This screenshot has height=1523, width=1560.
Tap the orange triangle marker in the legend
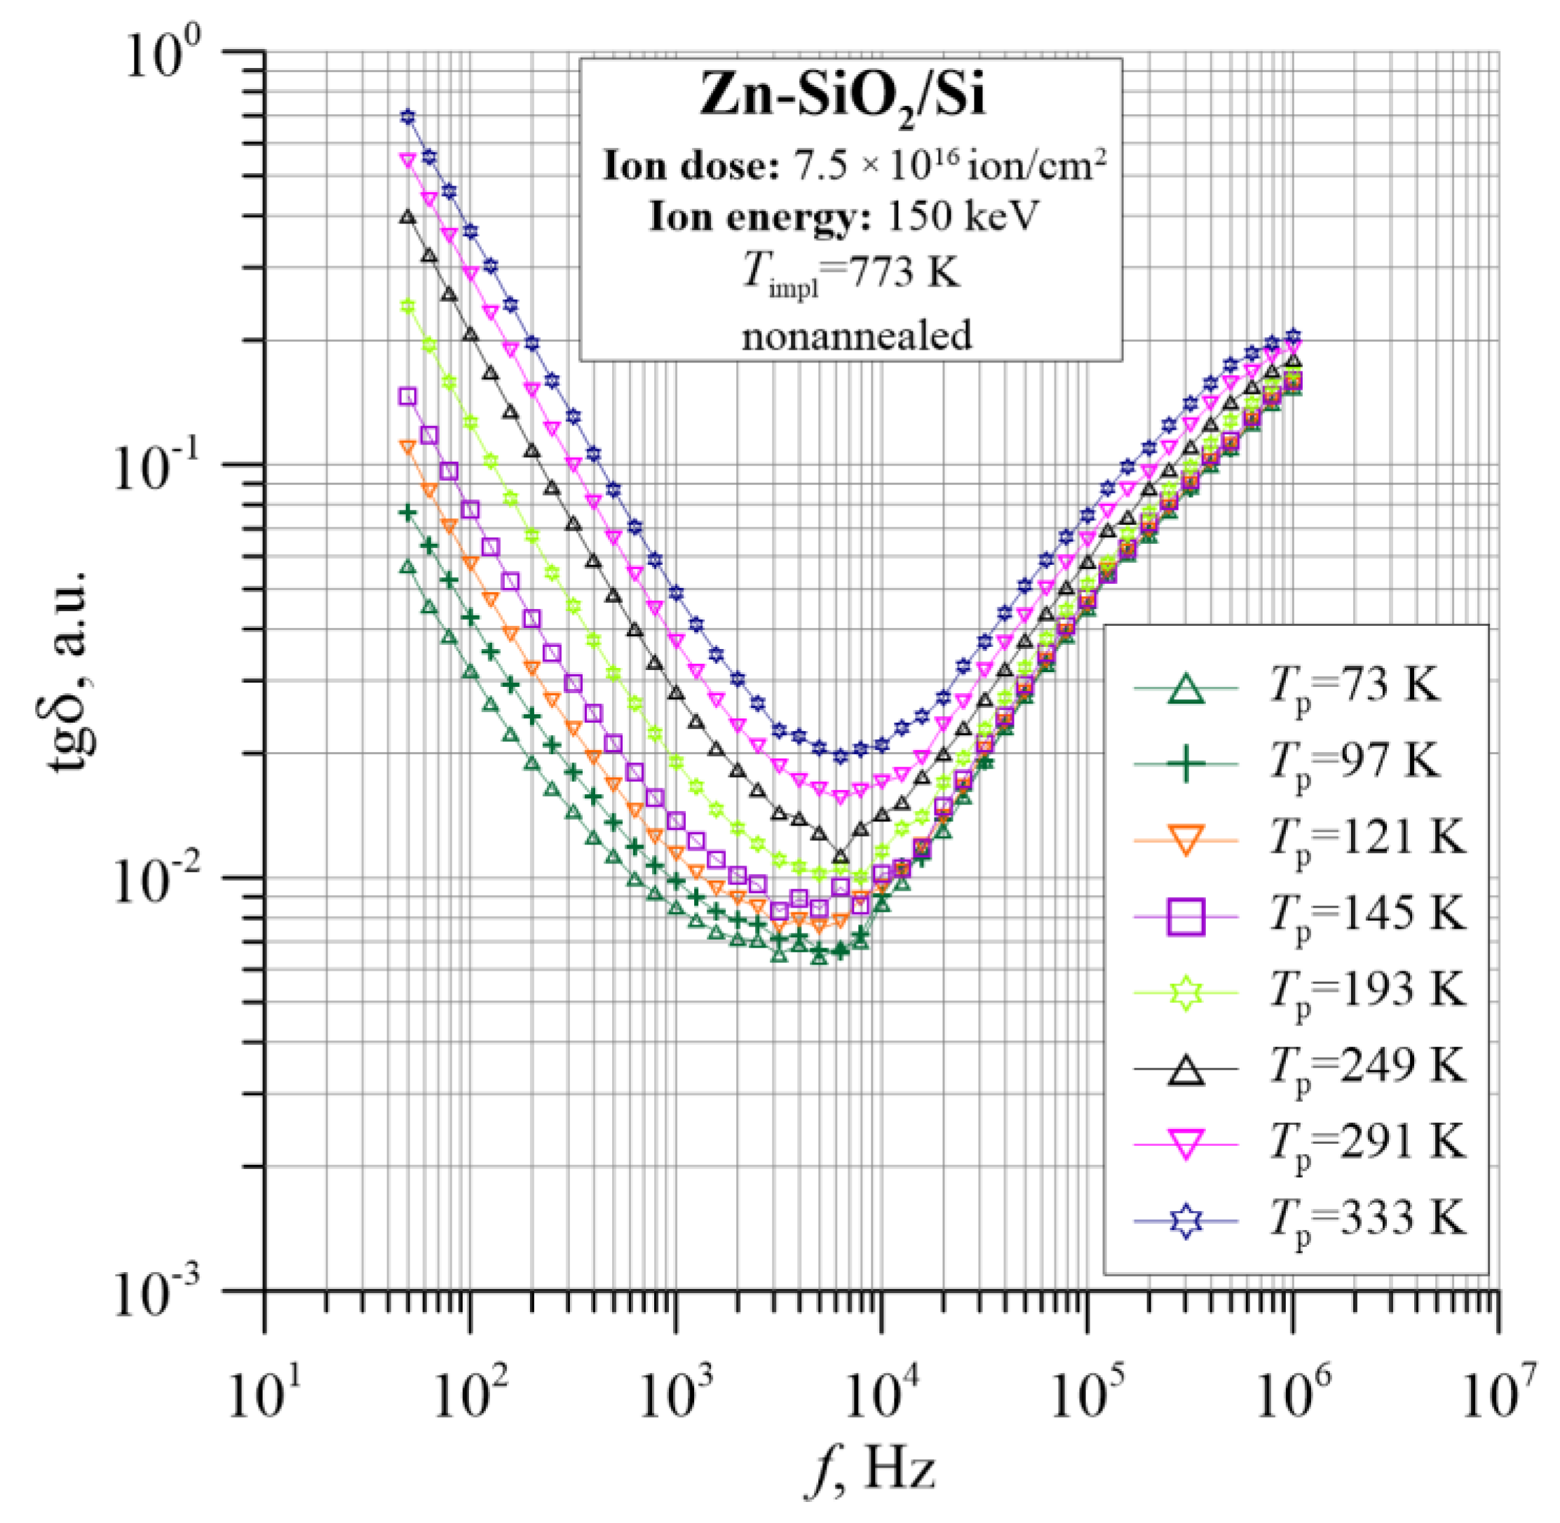[1186, 840]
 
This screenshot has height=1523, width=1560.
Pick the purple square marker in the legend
[1186, 916]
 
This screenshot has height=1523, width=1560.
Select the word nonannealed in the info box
[857, 334]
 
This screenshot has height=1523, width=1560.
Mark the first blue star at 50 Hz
[408, 117]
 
